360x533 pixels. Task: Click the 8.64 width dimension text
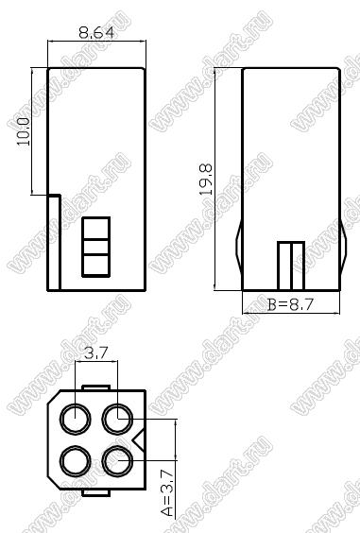click(96, 33)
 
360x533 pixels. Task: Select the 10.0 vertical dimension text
click(24, 132)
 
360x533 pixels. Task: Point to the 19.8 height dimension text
click(206, 180)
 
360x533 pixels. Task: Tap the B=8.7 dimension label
click(290, 304)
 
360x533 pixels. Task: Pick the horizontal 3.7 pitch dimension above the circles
click(96, 353)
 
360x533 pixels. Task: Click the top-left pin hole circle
click(76, 419)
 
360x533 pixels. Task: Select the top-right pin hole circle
click(117, 419)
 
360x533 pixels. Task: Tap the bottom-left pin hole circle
click(76, 461)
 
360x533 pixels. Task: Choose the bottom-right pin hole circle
click(117, 461)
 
